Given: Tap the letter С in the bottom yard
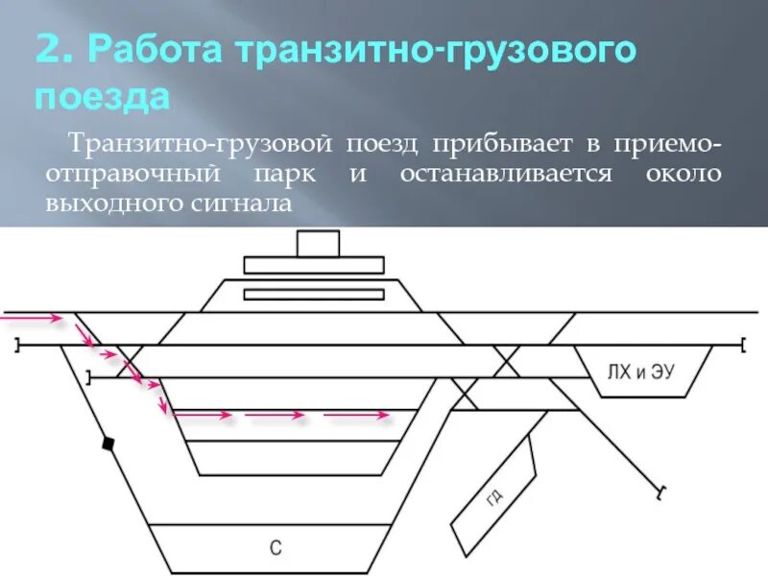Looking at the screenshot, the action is tap(275, 550).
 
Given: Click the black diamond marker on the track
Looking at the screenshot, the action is tap(108, 444).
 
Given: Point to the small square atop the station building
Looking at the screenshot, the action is tap(318, 244).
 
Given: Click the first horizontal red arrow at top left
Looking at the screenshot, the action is tap(31, 315).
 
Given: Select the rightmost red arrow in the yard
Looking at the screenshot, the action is tap(356, 416).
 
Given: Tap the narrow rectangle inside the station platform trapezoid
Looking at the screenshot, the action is tap(313, 294).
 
